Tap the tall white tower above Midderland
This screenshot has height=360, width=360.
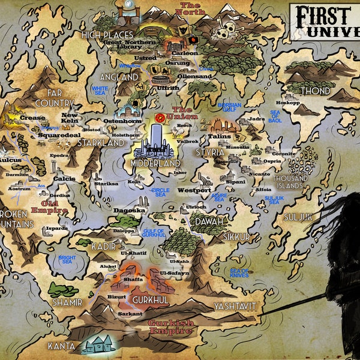tap(158, 135)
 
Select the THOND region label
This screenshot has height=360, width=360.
tap(315, 91)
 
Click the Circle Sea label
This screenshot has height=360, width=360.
tap(161, 191)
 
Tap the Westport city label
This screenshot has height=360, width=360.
tap(194, 190)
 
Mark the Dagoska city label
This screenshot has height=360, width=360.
tap(129, 211)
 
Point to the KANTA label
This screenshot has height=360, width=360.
tap(62, 346)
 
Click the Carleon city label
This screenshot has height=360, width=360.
tap(185, 53)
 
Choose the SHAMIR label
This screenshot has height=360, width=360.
tap(67, 302)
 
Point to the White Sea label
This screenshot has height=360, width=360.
tap(100, 90)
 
